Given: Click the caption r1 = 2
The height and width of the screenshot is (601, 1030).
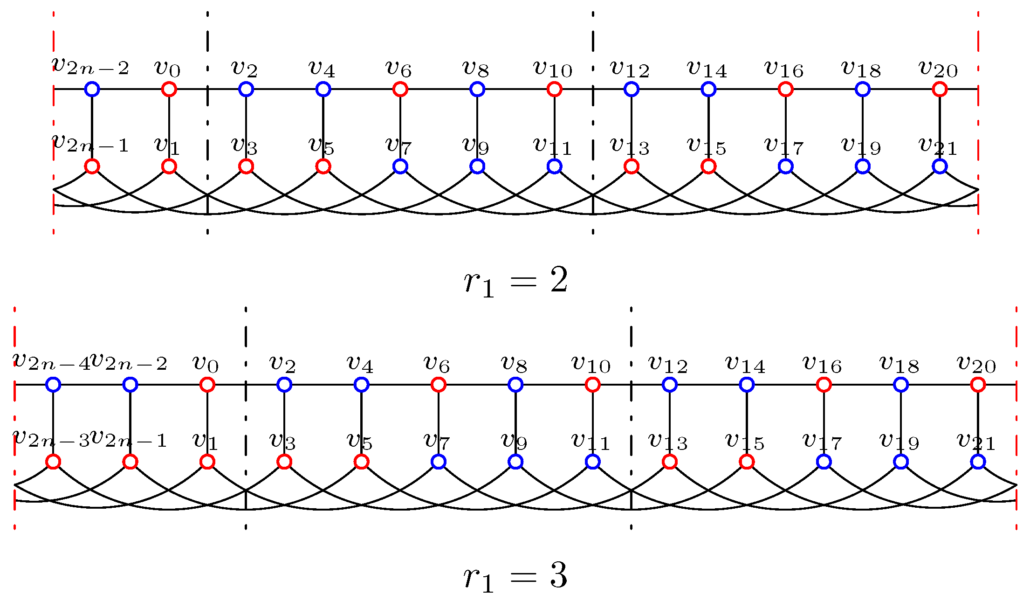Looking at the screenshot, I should coord(515,283).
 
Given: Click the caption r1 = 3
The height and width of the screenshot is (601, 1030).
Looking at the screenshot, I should coord(515,577).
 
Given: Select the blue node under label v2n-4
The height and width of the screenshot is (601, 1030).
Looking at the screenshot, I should coord(53,385).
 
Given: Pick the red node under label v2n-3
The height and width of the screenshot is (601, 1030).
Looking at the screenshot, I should coord(53,462).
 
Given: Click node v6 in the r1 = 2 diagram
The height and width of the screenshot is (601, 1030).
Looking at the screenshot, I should coord(400,89).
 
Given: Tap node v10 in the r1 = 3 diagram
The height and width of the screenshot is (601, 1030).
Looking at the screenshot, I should coord(592,385).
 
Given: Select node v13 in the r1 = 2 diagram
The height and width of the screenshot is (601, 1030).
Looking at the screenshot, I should coord(631,166).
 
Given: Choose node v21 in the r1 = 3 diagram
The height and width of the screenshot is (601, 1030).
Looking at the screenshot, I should coord(978,462).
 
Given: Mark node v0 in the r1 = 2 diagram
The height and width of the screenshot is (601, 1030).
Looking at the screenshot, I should coord(169,89).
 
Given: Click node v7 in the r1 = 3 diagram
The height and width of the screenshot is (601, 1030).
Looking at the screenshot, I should coord(438,462).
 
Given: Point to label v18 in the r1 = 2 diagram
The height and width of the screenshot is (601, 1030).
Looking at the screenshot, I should coord(861,69).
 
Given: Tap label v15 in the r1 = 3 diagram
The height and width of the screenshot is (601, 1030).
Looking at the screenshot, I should coord(745,441).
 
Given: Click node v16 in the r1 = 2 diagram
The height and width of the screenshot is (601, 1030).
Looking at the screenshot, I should coord(785,89).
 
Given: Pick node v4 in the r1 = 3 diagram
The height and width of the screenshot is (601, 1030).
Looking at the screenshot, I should coord(361,385).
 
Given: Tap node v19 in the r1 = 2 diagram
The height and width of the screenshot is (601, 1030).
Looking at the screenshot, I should coord(862,166).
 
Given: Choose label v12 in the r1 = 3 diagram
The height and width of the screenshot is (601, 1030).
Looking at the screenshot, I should coord(668,364).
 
